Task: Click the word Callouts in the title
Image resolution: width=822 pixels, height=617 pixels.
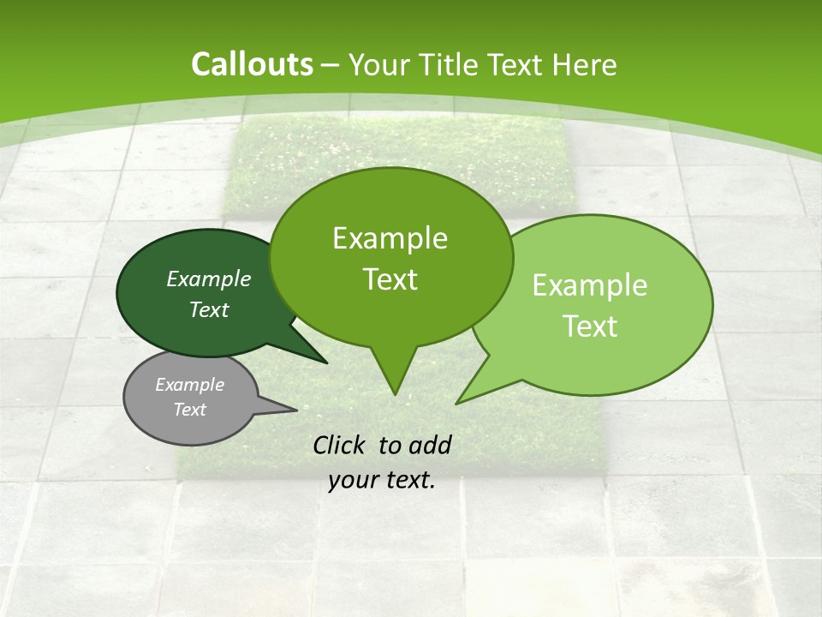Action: point(252,64)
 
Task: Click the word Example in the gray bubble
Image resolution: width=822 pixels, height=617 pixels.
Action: point(189,385)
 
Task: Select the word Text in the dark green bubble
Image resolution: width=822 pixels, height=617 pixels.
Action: point(209,309)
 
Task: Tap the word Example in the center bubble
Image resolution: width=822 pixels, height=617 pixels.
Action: point(390,238)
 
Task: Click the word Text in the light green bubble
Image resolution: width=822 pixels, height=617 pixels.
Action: point(591,326)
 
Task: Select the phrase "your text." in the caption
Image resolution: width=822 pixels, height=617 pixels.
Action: point(381,480)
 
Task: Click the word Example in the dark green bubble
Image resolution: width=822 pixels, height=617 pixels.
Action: point(209,279)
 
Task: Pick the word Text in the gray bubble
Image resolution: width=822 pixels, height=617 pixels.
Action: point(189,410)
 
